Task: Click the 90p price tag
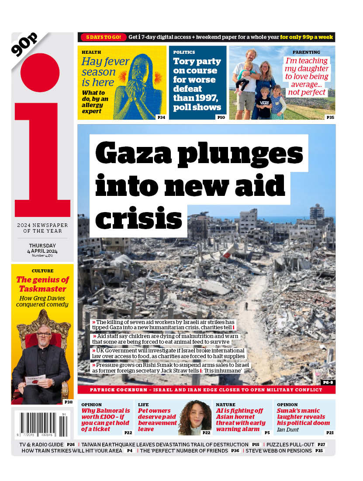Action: [24, 44]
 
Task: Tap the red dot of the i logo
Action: [40, 73]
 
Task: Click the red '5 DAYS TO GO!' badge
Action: [104, 37]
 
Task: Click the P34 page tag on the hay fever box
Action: [161, 117]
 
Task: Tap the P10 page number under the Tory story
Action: [221, 117]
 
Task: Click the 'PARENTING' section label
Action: [306, 52]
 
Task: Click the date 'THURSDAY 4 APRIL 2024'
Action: [43, 248]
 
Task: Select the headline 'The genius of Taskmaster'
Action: [42, 284]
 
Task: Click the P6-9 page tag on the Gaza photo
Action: [327, 382]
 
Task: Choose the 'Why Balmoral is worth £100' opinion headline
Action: [106, 417]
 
